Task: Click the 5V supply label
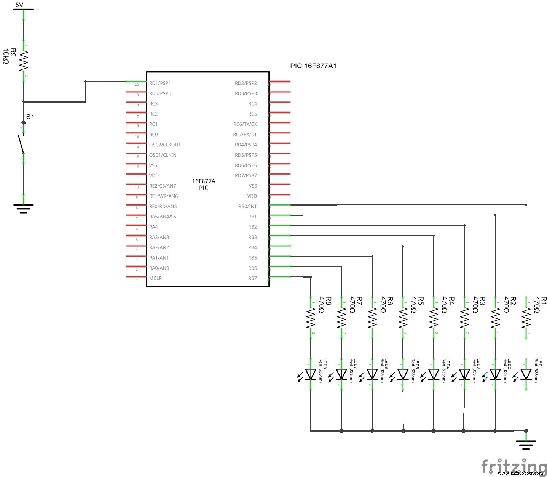pos(19,5)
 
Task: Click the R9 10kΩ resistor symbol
pos(24,61)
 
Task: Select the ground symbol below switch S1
pos(24,208)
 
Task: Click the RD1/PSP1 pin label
pos(160,83)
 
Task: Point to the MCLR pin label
pos(155,278)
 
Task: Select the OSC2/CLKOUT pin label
pos(165,145)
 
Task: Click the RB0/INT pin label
pos(247,207)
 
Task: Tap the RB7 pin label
pos(252,278)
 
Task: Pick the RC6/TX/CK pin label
pos(245,124)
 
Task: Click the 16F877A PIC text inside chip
pos(204,184)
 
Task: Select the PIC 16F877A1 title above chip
pos(313,66)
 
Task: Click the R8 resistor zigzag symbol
pos(311,318)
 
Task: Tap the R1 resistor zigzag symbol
pos(526,318)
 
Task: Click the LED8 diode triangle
pos(311,374)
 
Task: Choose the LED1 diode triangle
pos(526,374)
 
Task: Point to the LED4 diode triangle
pos(434,374)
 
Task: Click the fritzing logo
pos(514,466)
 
